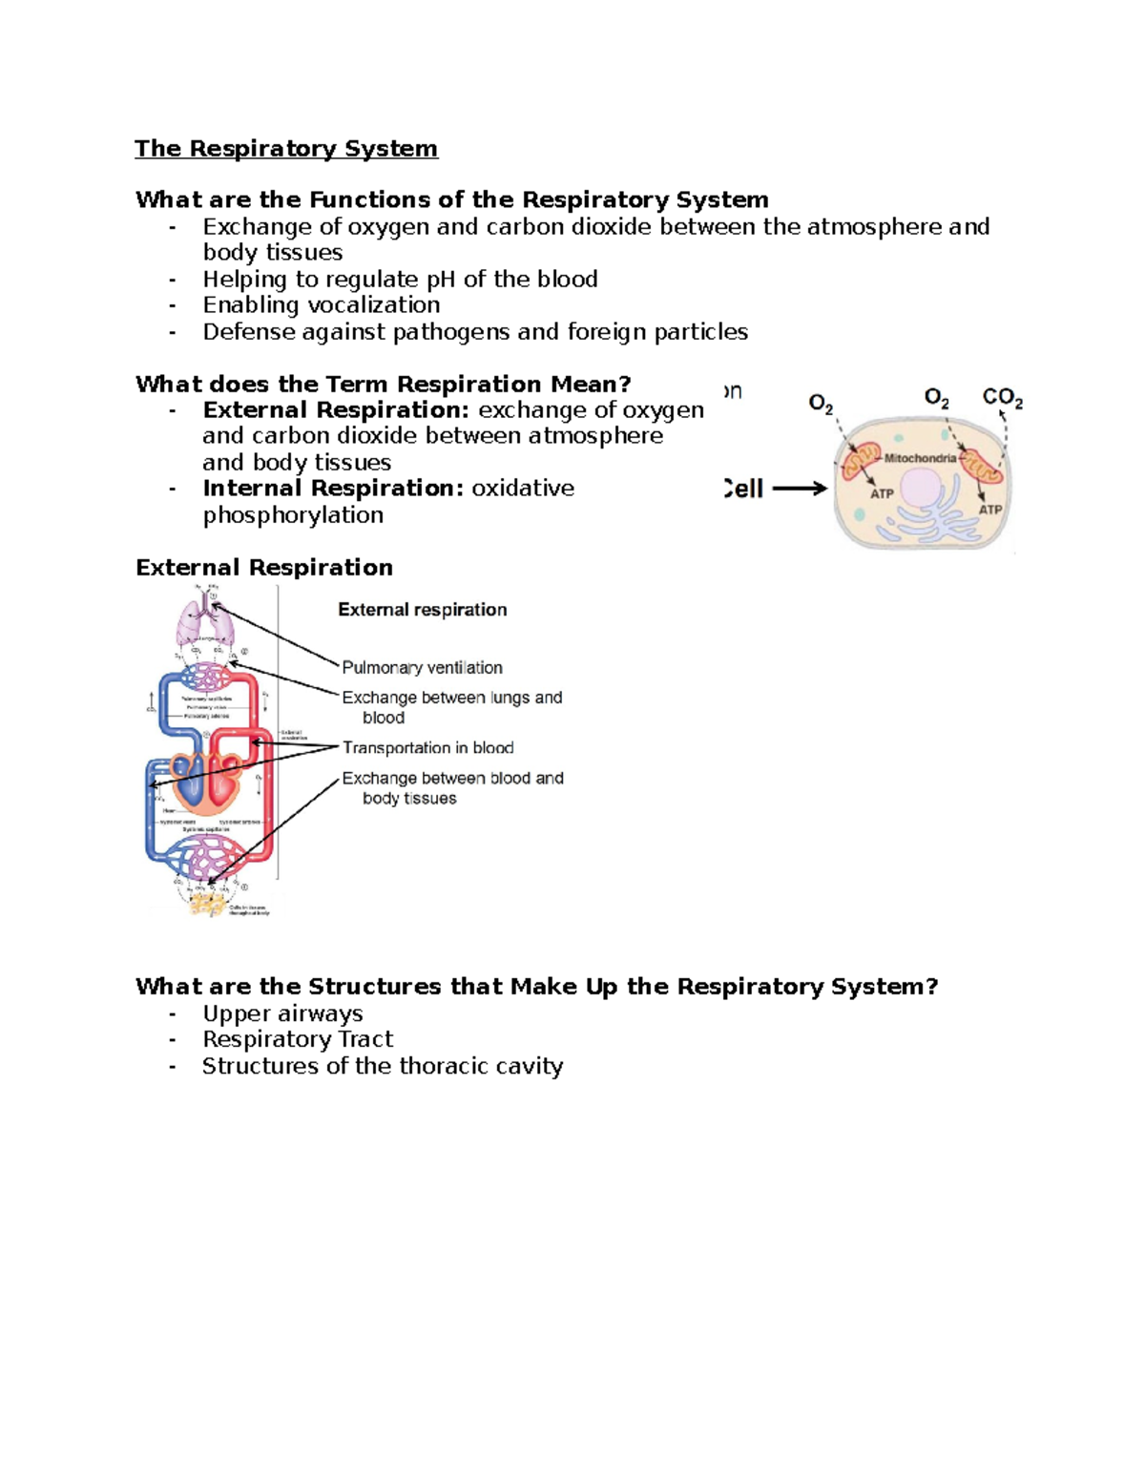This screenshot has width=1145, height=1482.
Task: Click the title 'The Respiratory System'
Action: coord(285,149)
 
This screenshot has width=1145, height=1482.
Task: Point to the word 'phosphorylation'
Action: coord(293,515)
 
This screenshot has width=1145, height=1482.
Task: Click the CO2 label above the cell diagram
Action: coord(1002,398)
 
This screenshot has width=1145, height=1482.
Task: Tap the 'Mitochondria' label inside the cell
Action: coord(920,458)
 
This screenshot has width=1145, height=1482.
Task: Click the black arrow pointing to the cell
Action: coord(799,489)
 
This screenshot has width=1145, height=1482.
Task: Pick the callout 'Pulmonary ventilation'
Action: coord(422,668)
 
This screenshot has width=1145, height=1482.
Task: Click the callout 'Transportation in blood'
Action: coord(427,748)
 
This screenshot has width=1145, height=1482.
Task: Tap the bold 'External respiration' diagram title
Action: coord(422,610)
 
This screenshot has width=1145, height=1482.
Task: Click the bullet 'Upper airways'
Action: coord(282,1013)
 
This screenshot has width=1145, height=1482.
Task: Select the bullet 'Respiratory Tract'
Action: coord(298,1039)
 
